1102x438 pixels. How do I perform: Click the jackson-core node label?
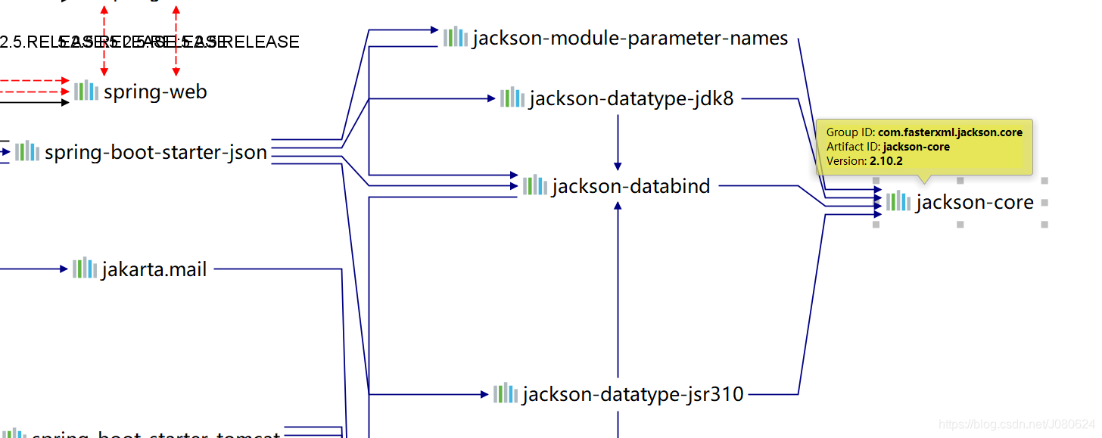(x=974, y=203)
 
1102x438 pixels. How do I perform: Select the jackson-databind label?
(x=631, y=186)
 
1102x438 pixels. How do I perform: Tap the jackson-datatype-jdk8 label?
(x=631, y=99)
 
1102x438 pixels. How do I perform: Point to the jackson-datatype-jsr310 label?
(x=633, y=394)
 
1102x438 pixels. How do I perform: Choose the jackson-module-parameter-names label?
(x=630, y=39)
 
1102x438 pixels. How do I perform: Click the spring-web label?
(x=155, y=92)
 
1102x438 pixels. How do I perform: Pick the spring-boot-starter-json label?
(x=156, y=152)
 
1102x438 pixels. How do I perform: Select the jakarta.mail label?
(x=154, y=269)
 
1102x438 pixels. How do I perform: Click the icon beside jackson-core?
(x=898, y=201)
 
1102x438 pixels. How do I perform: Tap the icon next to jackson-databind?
(x=534, y=185)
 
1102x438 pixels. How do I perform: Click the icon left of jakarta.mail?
(x=85, y=268)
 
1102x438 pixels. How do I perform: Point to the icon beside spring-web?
(x=86, y=91)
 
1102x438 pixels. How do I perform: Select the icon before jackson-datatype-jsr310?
(x=506, y=393)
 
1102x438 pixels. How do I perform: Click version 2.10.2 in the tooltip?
(x=886, y=161)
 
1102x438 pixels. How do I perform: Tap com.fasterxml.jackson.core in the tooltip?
(x=950, y=132)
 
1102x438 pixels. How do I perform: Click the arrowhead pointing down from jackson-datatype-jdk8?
(x=618, y=165)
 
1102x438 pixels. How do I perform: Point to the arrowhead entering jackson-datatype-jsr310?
(x=485, y=394)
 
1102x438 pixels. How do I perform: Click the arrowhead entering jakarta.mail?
(x=64, y=269)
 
